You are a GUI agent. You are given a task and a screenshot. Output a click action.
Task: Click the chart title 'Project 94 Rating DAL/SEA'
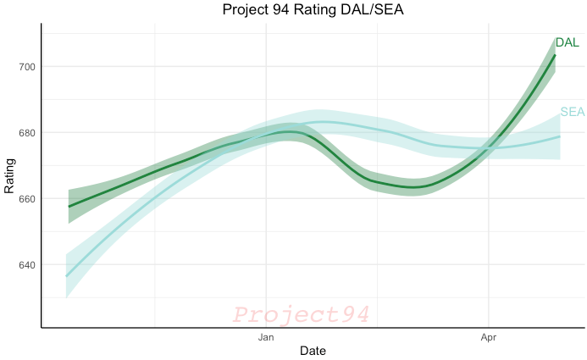[311, 10]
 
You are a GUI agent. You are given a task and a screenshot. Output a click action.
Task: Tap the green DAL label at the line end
[567, 43]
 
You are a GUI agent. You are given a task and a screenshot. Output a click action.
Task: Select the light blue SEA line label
[573, 112]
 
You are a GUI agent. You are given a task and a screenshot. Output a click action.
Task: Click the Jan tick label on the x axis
[266, 337]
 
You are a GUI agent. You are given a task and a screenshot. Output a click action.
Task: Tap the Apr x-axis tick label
[489, 337]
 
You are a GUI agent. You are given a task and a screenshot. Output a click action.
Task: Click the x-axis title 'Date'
[311, 351]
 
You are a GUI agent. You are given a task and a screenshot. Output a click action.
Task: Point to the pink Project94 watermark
[302, 315]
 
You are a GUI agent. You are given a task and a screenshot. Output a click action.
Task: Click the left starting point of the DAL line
[69, 206]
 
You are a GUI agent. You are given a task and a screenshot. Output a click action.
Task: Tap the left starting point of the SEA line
[67, 276]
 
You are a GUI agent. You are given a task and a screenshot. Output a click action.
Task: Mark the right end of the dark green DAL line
[555, 55]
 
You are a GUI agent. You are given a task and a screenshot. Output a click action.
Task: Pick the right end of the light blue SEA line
[560, 136]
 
